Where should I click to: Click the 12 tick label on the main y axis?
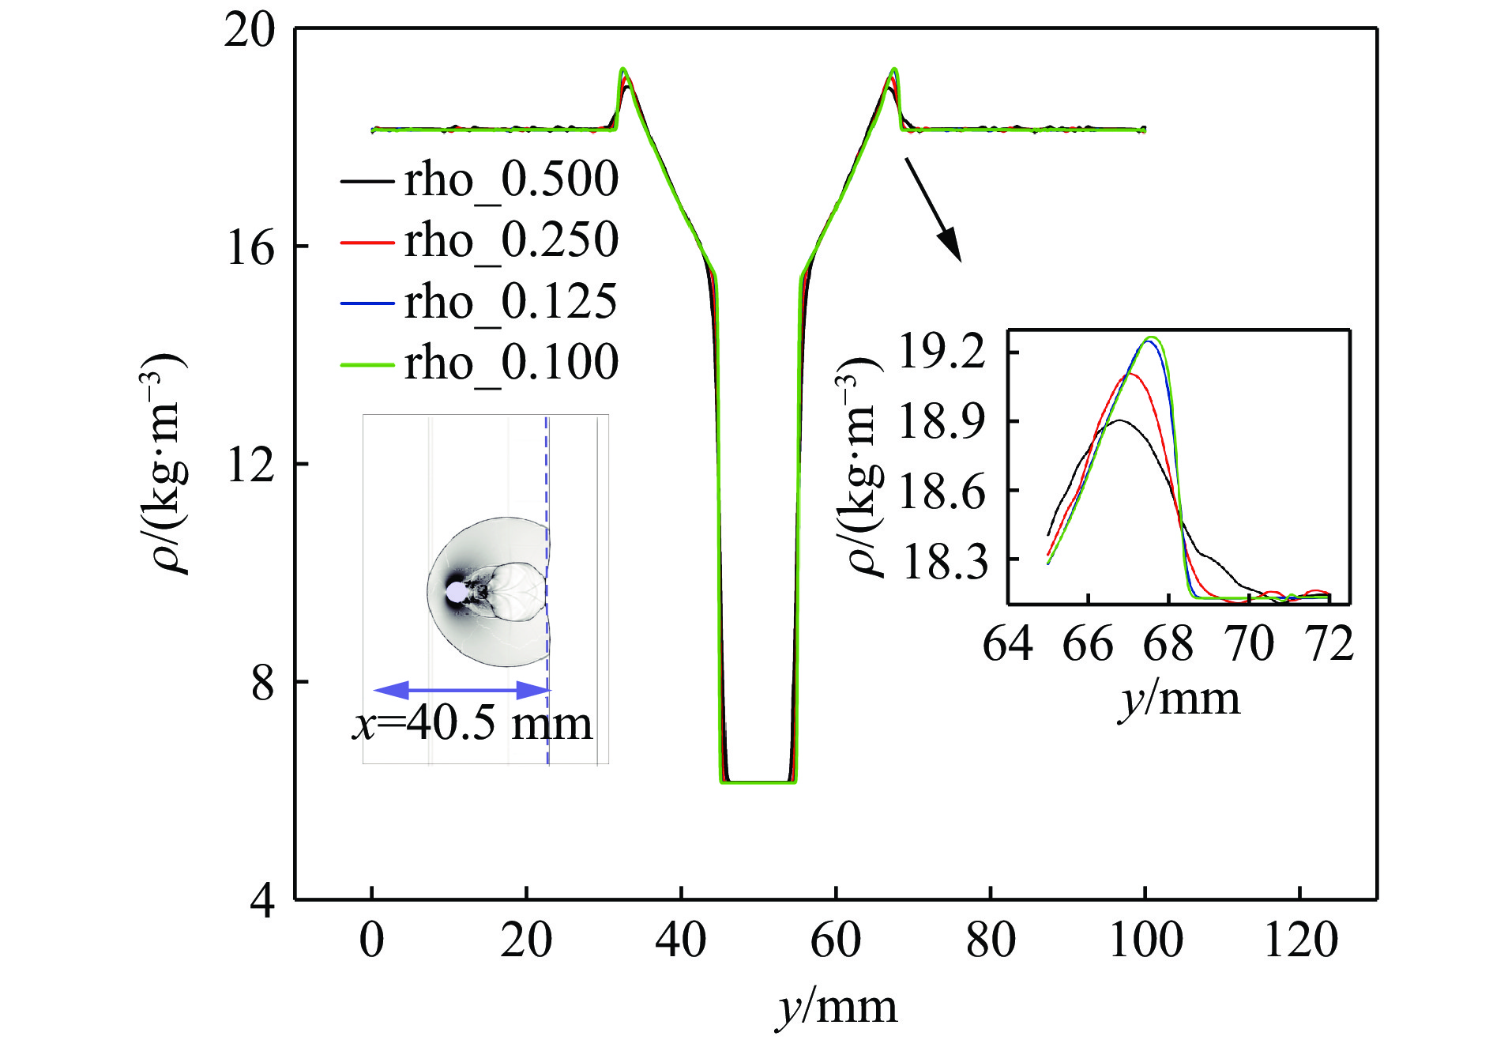click(x=250, y=464)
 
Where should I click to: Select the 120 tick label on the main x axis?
click(x=1300, y=940)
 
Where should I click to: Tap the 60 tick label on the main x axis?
click(x=836, y=940)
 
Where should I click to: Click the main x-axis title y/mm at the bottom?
click(x=837, y=1008)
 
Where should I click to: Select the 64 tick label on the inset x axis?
click(x=1007, y=644)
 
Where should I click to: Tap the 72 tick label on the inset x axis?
click(x=1330, y=644)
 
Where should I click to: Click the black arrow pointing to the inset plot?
click(x=933, y=209)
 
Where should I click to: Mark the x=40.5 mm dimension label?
click(x=472, y=724)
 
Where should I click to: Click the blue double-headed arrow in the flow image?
click(x=461, y=690)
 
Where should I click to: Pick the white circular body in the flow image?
click(x=456, y=592)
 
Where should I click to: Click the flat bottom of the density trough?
click(x=758, y=782)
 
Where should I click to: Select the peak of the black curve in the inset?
click(x=1119, y=420)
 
